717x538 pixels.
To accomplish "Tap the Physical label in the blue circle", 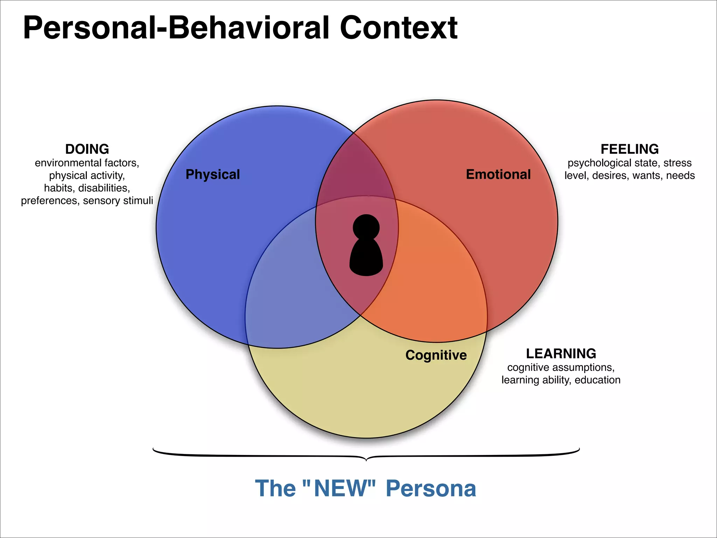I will (213, 174).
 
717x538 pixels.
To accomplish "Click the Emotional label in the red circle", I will (498, 174).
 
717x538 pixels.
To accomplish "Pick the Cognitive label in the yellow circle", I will (436, 355).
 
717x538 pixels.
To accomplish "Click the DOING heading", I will (87, 149).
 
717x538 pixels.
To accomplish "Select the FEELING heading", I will (629, 149).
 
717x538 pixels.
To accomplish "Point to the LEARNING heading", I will (561, 354).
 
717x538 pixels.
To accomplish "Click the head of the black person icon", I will (366, 227).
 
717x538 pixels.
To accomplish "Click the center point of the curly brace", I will (366, 459).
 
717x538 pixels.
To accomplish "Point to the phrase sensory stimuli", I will (118, 201).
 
